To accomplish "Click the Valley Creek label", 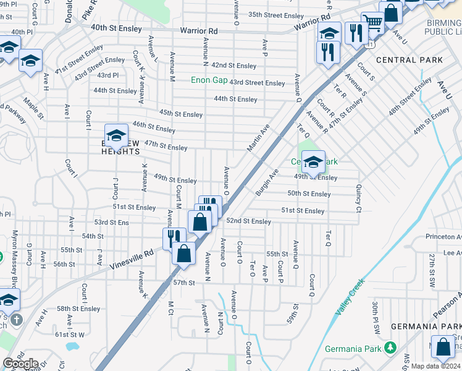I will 350,299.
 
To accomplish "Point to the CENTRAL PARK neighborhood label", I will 409,60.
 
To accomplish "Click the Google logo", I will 21,363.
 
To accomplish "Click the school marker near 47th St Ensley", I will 116,135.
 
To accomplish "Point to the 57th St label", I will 183,283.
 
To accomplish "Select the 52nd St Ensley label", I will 249,221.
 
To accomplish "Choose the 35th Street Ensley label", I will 276,15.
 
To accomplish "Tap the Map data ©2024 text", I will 436,366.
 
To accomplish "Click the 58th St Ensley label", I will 78,309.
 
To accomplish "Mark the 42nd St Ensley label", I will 233,66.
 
